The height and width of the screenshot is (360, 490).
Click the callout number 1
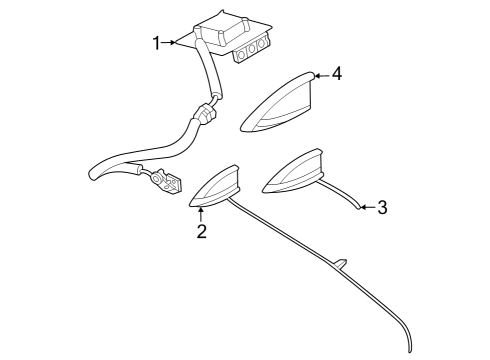pos(156,42)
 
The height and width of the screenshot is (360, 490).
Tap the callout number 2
pos(201,232)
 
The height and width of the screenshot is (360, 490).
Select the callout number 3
pos(381,208)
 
